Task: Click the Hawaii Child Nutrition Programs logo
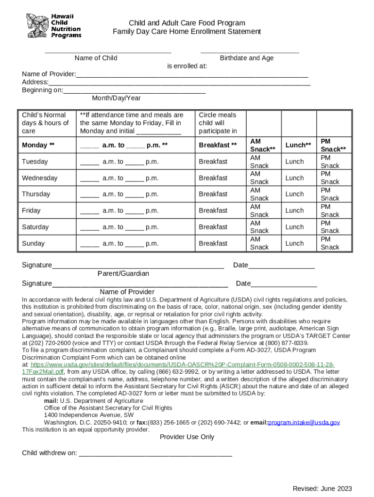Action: pos(53,26)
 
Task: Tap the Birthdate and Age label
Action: pos(246,58)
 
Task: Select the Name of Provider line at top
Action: pos(192,76)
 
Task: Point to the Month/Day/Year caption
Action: pos(116,98)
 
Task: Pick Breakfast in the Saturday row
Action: pos(213,227)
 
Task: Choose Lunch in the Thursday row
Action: pos(294,194)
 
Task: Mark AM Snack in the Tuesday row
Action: pos(259,162)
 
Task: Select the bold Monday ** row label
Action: pos(38,145)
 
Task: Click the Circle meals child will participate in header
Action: pos(218,123)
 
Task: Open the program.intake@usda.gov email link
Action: pos(304,423)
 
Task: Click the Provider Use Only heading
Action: pos(187,437)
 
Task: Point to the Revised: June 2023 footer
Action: pos(322,489)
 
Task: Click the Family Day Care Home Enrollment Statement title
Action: pos(187,32)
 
